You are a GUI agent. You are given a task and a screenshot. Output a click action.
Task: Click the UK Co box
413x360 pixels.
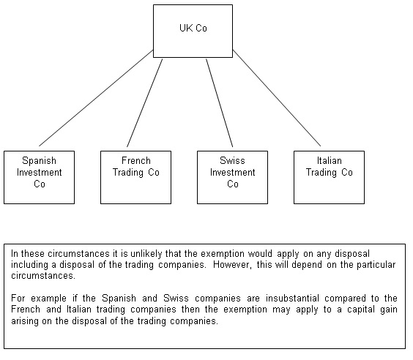pos(193,31)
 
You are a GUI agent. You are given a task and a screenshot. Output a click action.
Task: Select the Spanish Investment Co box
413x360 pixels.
pos(40,177)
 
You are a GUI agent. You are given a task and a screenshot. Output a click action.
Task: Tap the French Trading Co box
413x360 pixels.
pos(136,177)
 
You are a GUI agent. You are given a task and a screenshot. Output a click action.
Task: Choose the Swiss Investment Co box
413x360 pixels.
pos(233,177)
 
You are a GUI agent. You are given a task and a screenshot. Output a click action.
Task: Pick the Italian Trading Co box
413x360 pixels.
pos(330,177)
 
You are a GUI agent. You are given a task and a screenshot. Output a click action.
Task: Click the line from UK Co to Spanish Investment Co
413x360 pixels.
pos(96,98)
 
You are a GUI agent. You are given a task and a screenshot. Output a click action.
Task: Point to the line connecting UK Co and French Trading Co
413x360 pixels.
pos(144,103)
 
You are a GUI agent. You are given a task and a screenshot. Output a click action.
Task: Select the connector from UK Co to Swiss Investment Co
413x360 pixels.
pos(220,103)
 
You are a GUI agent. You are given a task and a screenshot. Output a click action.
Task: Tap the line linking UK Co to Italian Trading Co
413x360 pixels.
pos(277,98)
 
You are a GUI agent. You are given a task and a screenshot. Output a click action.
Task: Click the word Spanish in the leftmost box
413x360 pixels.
pos(40,161)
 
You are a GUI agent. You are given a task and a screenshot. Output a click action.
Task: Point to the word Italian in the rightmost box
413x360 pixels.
pos(330,160)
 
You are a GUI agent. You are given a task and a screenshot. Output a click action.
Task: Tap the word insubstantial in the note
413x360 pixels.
pos(292,299)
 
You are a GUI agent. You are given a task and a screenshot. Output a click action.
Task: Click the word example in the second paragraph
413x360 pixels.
pos(48,299)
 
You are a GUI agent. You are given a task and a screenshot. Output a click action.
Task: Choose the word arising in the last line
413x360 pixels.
pos(24,321)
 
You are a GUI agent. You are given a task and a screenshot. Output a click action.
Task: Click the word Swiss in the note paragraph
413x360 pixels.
pos(176,299)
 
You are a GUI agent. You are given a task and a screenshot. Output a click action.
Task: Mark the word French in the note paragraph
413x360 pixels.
pos(26,310)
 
